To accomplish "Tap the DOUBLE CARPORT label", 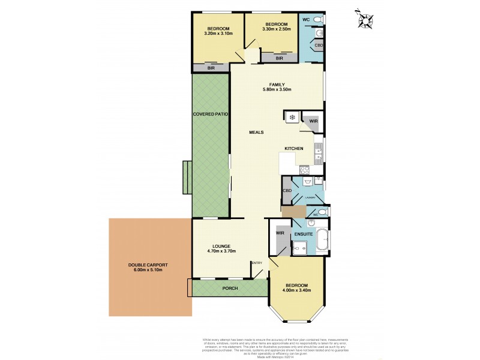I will pyautogui.click(x=148, y=270).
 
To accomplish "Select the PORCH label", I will pyautogui.click(x=230, y=288).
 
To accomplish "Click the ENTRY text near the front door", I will pyautogui.click(x=257, y=263).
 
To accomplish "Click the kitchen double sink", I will pyautogui.click(x=317, y=149).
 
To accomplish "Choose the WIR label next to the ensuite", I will pyautogui.click(x=280, y=233).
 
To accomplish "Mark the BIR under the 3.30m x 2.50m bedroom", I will pyautogui.click(x=279, y=59).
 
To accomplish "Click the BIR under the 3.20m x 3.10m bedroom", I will pyautogui.click(x=211, y=68).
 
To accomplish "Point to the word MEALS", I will pyautogui.click(x=257, y=132).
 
